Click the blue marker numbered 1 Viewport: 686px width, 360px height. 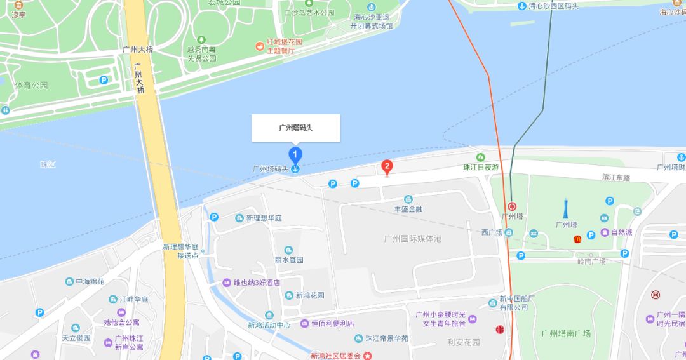click(295, 154)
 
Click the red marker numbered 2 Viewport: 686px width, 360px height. click(386, 167)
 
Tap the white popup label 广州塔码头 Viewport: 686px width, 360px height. click(295, 128)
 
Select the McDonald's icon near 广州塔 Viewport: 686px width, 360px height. click(577, 239)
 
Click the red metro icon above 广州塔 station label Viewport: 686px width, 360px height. click(513, 206)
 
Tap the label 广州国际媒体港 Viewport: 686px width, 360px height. click(413, 239)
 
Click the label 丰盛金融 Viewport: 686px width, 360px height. click(408, 209)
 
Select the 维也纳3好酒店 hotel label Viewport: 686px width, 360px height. click(257, 283)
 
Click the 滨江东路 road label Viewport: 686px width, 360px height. click(616, 178)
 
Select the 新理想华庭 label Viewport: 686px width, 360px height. click(264, 218)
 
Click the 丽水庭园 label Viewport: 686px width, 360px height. click(289, 260)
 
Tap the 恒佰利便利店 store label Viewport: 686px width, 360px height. click(332, 324)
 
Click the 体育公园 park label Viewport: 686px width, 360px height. click(32, 84)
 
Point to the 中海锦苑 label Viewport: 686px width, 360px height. click(90, 281)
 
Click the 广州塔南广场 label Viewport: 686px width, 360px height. click(566, 333)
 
